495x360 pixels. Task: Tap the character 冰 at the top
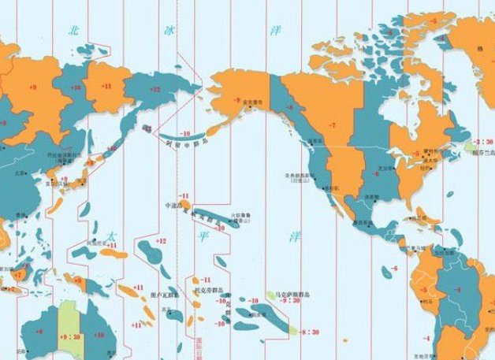(168, 30)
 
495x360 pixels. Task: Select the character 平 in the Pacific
(199, 233)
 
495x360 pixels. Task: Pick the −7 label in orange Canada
(332, 126)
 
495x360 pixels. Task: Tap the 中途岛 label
(171, 205)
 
